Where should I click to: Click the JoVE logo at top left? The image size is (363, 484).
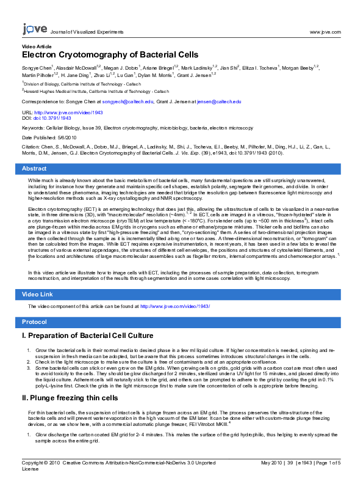tap(34, 29)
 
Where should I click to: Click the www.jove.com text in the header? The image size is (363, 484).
tap(325, 31)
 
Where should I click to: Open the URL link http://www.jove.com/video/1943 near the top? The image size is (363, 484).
tap(69, 112)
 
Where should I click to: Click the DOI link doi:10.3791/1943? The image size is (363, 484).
tap(54, 118)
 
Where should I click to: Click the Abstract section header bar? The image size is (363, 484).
tap(181, 168)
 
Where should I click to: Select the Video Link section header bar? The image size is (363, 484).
tap(181, 295)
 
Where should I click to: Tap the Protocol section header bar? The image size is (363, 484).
tap(181, 321)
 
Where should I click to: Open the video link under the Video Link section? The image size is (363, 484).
tap(175, 306)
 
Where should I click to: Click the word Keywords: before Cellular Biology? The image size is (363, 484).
tap(32, 128)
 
